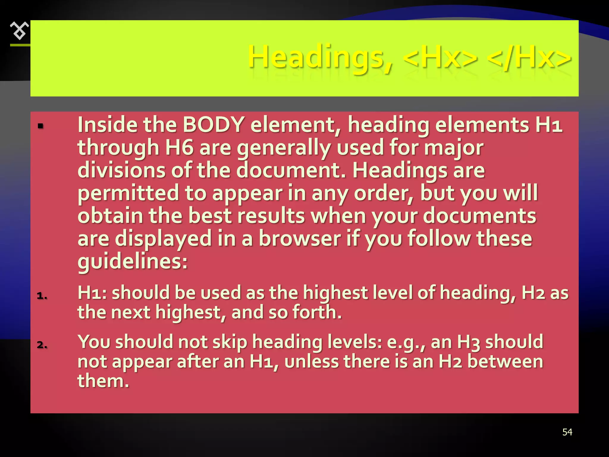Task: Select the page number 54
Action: click(x=567, y=432)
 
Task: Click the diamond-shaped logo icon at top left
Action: click(x=20, y=31)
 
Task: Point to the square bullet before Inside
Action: click(x=41, y=126)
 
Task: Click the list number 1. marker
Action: click(x=42, y=295)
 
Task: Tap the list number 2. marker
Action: click(x=42, y=345)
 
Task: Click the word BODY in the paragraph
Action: click(x=213, y=124)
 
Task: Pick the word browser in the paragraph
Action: click(x=299, y=238)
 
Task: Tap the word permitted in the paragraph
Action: click(x=128, y=193)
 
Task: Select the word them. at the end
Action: click(x=103, y=381)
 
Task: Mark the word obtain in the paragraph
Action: click(x=110, y=215)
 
